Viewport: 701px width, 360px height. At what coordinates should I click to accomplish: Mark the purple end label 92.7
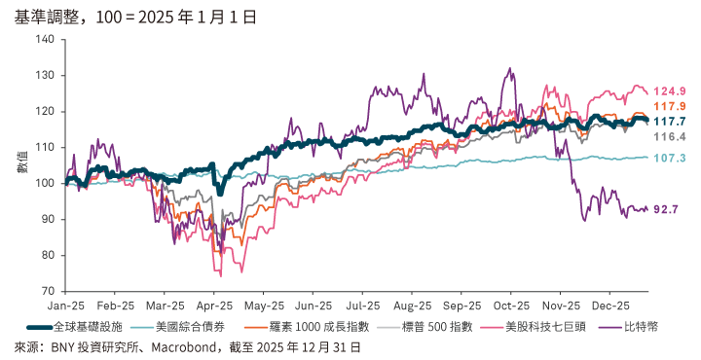coord(667,209)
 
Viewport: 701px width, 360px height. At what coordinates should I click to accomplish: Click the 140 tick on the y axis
coord(45,39)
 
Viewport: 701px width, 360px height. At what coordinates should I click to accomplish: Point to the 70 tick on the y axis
coord(48,291)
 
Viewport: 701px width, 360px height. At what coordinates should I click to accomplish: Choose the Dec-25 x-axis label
coord(609,305)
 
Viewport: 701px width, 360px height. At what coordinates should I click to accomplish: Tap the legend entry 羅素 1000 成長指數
coord(313,327)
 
